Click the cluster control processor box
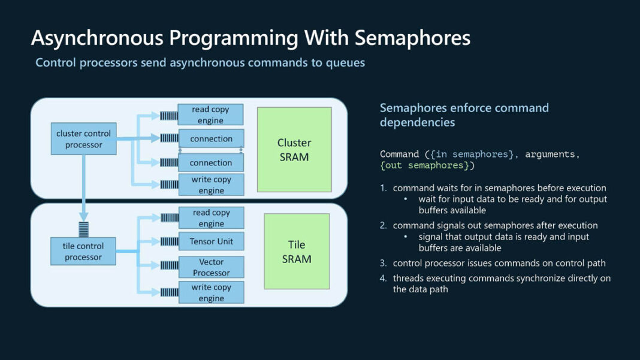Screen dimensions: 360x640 point(83,139)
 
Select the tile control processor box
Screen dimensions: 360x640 point(83,252)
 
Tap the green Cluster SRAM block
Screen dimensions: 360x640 point(294,150)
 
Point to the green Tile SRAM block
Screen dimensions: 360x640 point(297,252)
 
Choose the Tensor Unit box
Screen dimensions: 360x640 point(212,241)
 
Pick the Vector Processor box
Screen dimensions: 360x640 point(212,267)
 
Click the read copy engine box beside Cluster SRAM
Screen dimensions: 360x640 point(212,114)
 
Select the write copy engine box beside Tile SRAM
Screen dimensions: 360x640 point(212,293)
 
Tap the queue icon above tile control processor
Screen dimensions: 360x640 point(84,229)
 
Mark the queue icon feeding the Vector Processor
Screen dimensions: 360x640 point(170,266)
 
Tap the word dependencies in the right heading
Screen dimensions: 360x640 point(417,122)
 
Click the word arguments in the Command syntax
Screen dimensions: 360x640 point(552,155)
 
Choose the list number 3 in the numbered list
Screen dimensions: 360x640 point(383,263)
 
